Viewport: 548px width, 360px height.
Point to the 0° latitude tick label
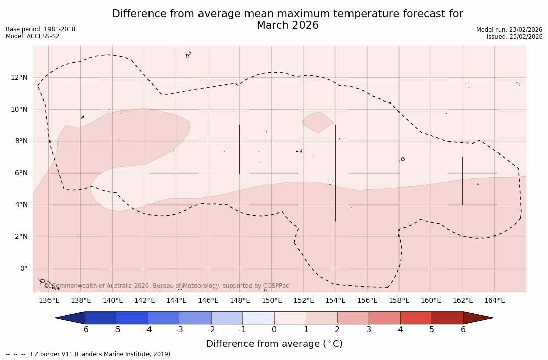(23, 268)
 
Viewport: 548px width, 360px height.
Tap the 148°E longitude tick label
(240, 300)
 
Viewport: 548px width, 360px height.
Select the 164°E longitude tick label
(494, 300)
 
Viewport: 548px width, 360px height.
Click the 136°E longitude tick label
(49, 300)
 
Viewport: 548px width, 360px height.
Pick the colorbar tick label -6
(85, 330)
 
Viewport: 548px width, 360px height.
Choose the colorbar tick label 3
(369, 330)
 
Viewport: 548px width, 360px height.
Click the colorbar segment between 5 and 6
(447, 318)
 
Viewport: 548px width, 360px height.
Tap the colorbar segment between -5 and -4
(132, 318)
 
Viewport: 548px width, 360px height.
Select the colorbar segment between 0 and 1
(290, 318)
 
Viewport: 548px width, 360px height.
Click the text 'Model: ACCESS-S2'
(32, 36)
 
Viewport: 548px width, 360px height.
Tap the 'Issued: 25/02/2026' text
(515, 37)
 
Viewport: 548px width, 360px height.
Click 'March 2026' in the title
(287, 25)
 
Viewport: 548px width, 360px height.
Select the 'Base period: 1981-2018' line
(40, 29)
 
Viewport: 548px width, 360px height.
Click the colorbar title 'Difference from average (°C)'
(274, 344)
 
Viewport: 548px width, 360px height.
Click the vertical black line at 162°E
(463, 181)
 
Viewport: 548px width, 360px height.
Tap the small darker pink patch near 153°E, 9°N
(318, 122)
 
